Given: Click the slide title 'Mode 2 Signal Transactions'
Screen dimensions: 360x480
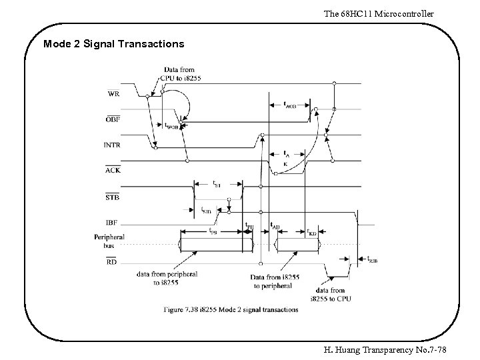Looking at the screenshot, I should pyautogui.click(x=113, y=44).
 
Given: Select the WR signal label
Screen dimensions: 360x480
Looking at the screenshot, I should pyautogui.click(x=114, y=94).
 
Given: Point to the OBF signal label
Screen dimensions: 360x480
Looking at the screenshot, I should pyautogui.click(x=113, y=119).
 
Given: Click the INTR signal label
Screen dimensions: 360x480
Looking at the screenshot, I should pyautogui.click(x=112, y=143).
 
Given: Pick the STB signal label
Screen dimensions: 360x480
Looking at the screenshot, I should pyautogui.click(x=113, y=197).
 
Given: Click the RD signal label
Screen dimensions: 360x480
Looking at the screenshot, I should pyautogui.click(x=113, y=261).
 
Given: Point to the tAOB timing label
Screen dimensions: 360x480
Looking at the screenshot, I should pyautogui.click(x=291, y=105).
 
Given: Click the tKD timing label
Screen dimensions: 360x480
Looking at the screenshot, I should pyautogui.click(x=311, y=233).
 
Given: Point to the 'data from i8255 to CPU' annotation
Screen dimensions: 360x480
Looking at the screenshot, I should pyautogui.click(x=330, y=295).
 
